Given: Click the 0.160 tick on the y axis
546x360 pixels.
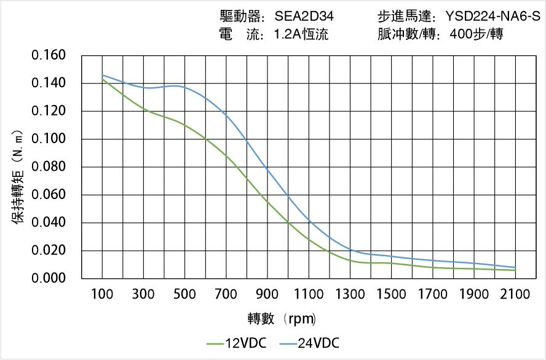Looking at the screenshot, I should (49, 55).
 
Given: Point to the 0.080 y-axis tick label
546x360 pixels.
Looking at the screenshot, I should (49, 167).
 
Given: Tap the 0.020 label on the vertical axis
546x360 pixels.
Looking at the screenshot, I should (49, 251).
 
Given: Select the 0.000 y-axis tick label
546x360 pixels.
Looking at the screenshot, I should (49, 278).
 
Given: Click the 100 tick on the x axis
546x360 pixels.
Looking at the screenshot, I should (102, 294).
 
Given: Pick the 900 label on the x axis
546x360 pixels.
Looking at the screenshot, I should (267, 294).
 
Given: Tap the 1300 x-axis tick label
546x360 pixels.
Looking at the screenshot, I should (350, 294).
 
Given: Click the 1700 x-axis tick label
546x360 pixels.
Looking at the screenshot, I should (432, 294).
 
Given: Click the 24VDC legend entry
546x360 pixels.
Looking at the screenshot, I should (311, 343).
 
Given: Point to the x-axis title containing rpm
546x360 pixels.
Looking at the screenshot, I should (282, 319).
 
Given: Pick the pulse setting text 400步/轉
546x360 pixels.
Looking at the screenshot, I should (477, 34).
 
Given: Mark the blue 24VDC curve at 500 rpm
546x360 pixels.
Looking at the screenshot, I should (184, 87).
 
